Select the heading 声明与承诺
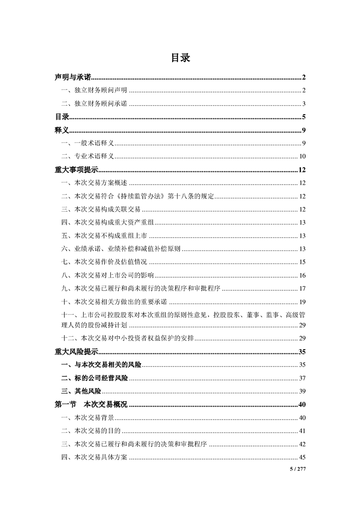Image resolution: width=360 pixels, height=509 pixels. [x=73, y=78]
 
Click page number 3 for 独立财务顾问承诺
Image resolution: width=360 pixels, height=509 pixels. [x=304, y=104]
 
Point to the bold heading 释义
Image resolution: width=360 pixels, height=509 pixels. [x=61, y=130]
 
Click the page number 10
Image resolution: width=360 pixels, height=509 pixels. [x=302, y=157]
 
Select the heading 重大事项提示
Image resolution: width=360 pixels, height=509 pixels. [x=76, y=170]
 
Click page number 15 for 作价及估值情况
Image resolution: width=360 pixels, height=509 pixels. [x=302, y=262]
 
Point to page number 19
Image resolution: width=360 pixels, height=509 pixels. [x=302, y=301]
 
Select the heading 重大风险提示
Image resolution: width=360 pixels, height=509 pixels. [x=76, y=351]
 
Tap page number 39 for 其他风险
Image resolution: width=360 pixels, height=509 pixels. [x=302, y=391]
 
